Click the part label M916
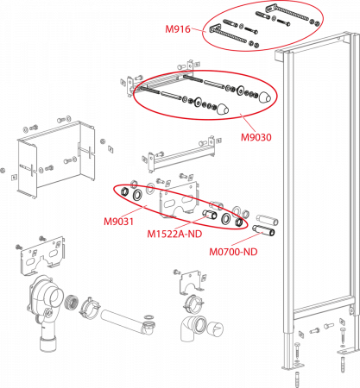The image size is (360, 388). pyautogui.click(x=178, y=29)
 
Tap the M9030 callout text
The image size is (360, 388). pyautogui.click(x=256, y=137)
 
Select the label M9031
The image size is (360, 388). pyautogui.click(x=118, y=222)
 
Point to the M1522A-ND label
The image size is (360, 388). pyautogui.click(x=174, y=234)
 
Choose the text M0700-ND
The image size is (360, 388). pyautogui.click(x=233, y=252)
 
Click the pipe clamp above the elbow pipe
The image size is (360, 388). pyautogui.click(x=193, y=304)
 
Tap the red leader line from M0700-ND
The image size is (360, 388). pyautogui.click(x=244, y=239)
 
